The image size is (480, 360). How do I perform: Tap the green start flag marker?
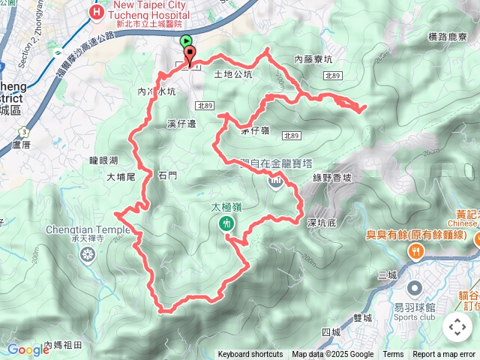click(x=186, y=42)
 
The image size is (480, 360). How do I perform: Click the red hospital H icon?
click(x=96, y=12)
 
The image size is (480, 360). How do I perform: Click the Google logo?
click(x=28, y=349)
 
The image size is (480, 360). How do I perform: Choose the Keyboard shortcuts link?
click(x=250, y=355)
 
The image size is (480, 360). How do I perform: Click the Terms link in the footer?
click(x=393, y=355)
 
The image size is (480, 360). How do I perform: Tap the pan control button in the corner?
click(x=457, y=327)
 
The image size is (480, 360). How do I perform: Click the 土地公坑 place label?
click(x=233, y=74)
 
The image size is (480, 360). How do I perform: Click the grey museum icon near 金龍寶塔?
click(x=275, y=181)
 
